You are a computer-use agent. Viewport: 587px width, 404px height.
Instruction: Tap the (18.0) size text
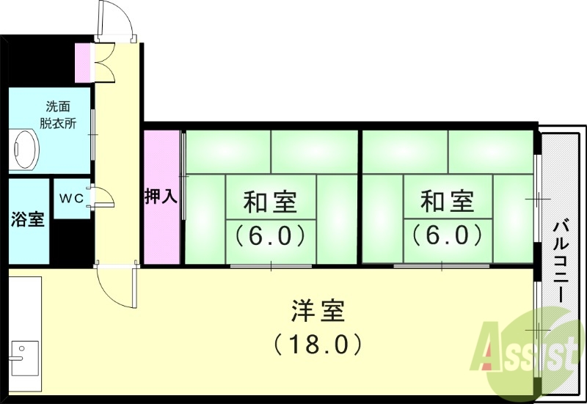coord(317,343)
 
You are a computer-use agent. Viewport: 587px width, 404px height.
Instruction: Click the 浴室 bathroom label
coord(27,219)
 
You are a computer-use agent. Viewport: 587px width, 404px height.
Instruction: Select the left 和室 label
coord(269,200)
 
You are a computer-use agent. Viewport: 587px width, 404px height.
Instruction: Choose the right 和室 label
coord(447,200)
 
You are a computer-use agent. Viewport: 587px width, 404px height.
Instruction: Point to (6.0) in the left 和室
coord(269,236)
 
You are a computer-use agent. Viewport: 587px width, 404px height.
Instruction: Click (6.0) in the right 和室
coord(447,236)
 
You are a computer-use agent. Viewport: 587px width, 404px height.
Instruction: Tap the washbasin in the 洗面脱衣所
coord(26,151)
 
